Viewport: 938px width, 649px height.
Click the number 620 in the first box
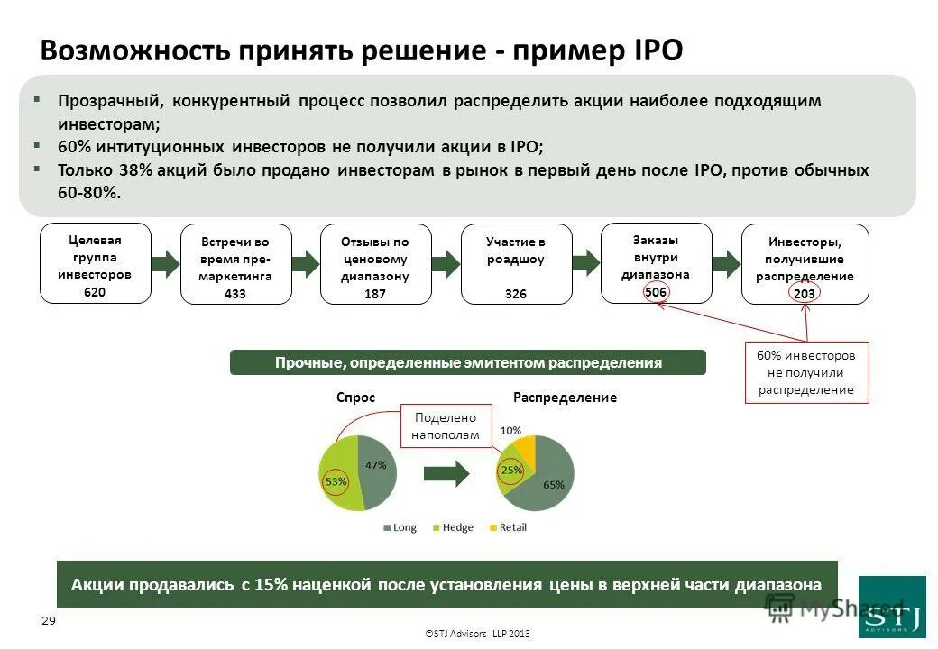pos(95,291)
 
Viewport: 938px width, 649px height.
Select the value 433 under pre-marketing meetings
pos(234,294)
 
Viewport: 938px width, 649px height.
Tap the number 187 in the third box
pos(375,294)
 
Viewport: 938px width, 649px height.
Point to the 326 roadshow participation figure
pos(516,294)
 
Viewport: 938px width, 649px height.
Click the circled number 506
pos(656,292)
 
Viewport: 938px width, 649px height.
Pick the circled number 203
pos(805,294)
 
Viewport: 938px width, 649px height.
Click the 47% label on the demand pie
pos(375,465)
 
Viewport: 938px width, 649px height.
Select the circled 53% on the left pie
pos(336,482)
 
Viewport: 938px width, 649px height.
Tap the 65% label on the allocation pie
pos(553,484)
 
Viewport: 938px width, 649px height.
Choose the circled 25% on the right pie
pos(511,470)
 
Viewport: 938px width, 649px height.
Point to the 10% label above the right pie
pos(510,431)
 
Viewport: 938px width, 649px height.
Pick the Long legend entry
pos(400,527)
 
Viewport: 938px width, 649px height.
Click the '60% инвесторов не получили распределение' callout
pos(805,372)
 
